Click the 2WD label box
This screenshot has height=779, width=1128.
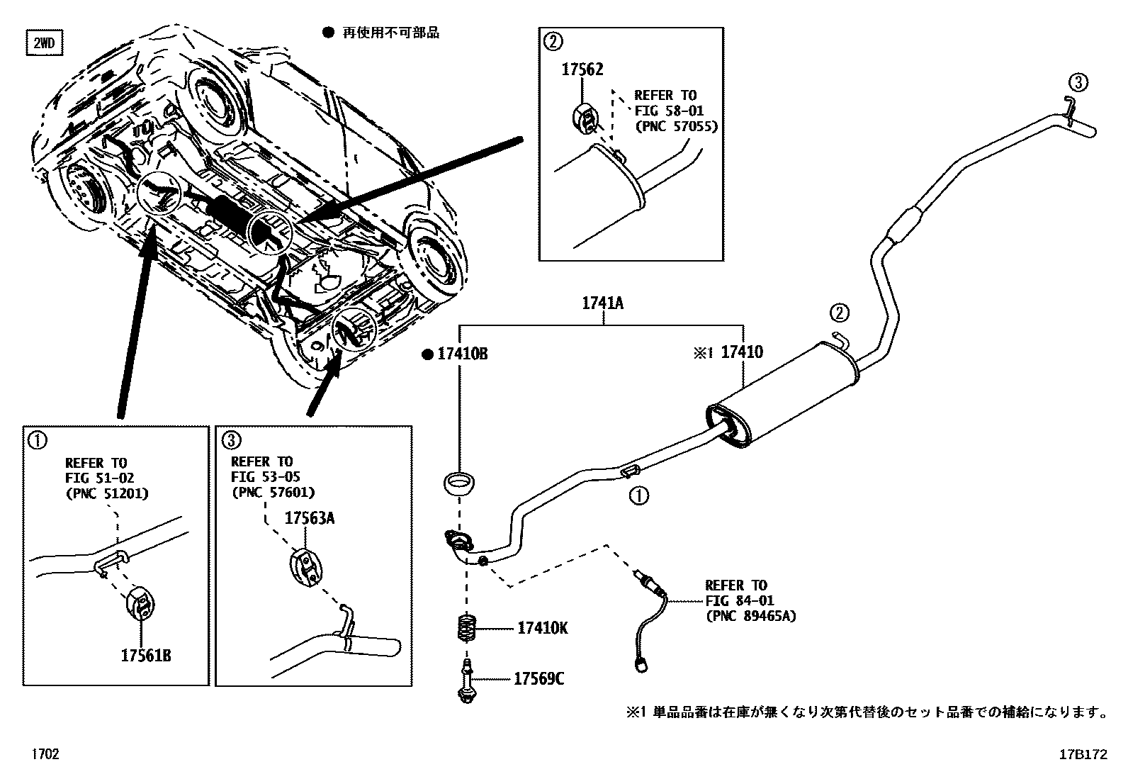point(43,44)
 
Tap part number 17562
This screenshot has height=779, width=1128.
point(582,69)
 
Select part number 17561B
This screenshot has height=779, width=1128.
point(145,654)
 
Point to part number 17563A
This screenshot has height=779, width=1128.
point(310,518)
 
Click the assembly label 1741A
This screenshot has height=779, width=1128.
point(602,304)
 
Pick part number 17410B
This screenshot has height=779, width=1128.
point(462,354)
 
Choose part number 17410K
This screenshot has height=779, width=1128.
point(542,628)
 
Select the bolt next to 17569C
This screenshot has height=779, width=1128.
point(466,682)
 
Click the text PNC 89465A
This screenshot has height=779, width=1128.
point(750,617)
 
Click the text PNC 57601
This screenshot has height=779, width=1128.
point(273,492)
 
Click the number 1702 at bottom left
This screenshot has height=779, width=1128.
point(44,754)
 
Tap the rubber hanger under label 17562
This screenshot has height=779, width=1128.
point(586,118)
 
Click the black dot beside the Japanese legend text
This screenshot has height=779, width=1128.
point(327,33)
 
